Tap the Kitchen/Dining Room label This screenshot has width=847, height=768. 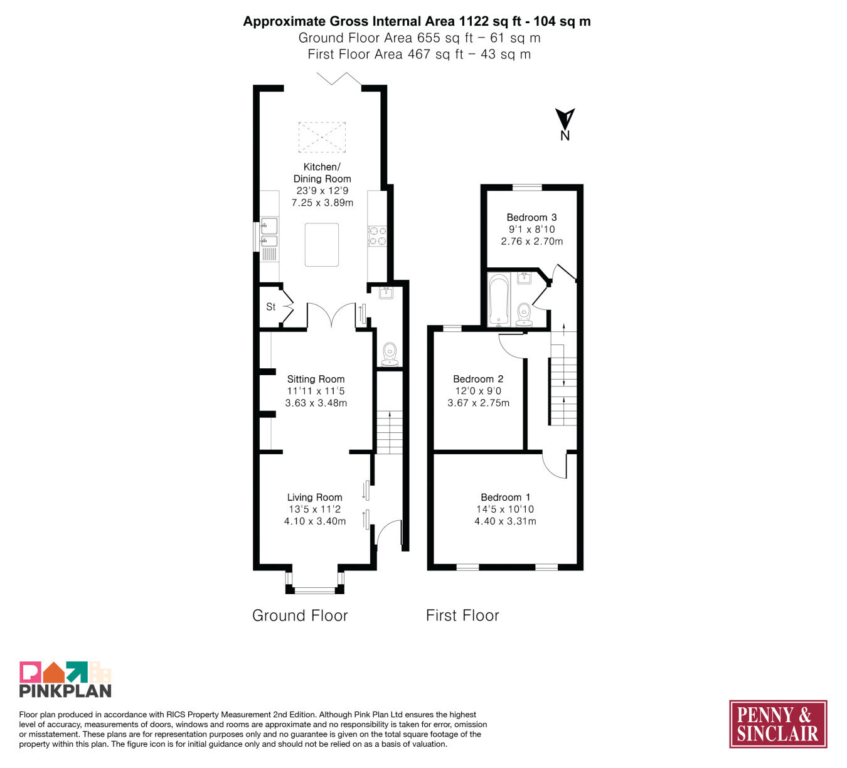322,173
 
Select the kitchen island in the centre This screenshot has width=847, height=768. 322,245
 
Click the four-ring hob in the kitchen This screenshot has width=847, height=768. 378,236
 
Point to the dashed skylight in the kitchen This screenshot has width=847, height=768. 322,137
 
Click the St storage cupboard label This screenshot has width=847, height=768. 270,307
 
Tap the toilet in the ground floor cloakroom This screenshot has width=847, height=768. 390,354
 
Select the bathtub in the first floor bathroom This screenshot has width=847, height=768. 499,299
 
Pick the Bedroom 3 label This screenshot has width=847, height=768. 531,218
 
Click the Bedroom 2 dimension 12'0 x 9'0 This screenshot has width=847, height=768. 478,391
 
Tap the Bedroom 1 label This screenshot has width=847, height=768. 506,497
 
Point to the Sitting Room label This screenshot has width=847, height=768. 316,379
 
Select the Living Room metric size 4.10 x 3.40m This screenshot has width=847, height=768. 315,521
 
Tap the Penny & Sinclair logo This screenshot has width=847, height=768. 778,724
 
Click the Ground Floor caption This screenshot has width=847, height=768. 300,616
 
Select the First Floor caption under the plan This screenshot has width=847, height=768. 462,616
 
